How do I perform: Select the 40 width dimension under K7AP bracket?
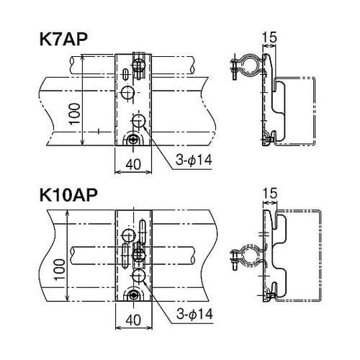click(x=132, y=163)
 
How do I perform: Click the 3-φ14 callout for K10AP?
click(x=193, y=314)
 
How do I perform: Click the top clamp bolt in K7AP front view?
click(x=139, y=63)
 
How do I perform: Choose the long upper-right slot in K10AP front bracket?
click(x=142, y=234)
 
